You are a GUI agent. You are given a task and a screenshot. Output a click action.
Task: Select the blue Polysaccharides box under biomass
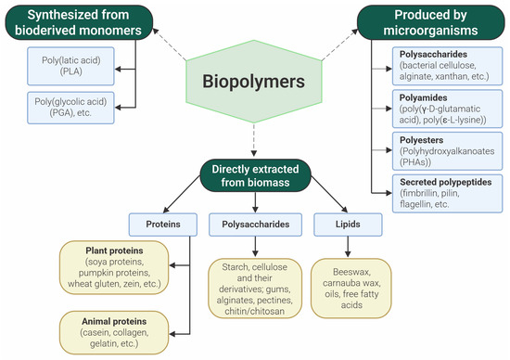[252, 224]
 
